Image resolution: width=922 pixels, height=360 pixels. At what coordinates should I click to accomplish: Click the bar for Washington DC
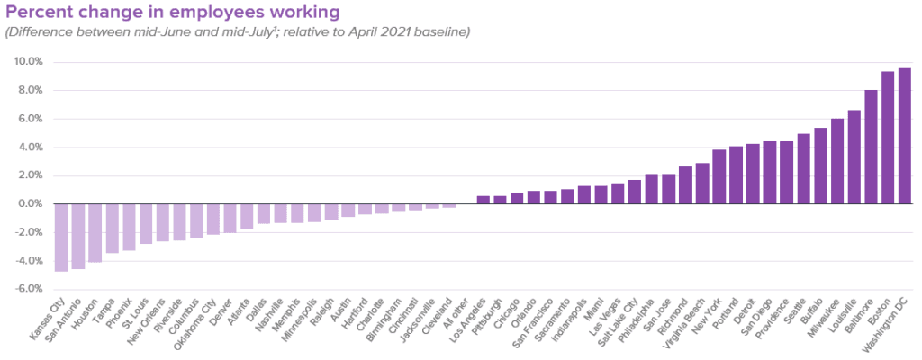point(904,136)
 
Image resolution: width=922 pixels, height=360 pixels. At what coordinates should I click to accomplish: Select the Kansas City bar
point(61,238)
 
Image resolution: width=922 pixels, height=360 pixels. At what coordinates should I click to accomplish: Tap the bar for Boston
point(887,138)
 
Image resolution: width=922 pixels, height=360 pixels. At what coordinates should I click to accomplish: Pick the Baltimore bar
point(871,147)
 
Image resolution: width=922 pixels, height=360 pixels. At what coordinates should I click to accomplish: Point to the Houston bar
point(95,233)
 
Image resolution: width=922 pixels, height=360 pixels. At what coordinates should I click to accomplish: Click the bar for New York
point(719,177)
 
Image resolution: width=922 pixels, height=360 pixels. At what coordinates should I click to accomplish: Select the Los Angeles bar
point(483,200)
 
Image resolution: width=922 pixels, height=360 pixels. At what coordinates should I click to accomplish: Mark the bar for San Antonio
point(78,237)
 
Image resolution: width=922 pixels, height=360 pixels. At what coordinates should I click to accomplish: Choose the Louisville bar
point(854,157)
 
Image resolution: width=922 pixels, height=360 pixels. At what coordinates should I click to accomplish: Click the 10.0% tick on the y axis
point(27,62)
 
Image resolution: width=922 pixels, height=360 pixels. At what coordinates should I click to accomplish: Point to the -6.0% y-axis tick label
point(28,289)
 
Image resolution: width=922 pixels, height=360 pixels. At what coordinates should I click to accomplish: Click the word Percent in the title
point(34,12)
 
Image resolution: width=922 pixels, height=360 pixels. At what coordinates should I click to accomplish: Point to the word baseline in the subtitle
point(445,31)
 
